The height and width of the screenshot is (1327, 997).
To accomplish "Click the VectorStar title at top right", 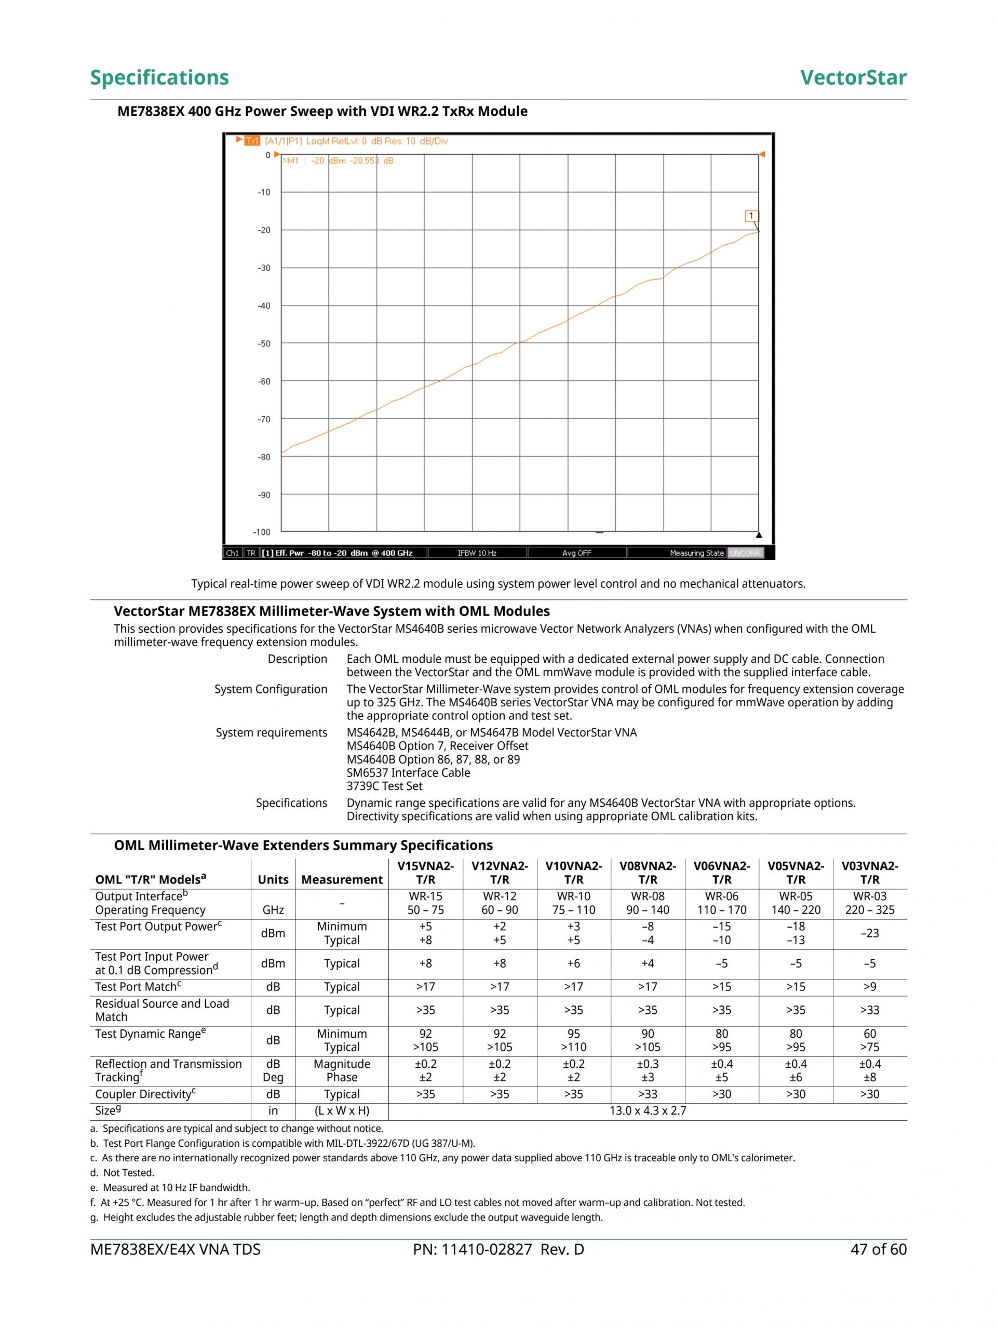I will point(853,77).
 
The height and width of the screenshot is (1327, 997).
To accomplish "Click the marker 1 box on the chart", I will point(751,216).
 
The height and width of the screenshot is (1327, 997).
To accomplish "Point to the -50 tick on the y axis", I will point(264,344).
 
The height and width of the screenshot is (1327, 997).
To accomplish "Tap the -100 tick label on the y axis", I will point(262,532).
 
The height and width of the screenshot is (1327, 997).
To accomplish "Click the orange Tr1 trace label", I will point(252,141).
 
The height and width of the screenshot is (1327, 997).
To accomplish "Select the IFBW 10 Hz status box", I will point(477,553).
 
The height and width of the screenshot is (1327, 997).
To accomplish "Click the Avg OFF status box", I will point(576,553).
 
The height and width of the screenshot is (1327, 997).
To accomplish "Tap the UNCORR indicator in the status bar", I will point(745,553).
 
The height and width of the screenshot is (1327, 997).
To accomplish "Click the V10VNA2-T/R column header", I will point(573,873).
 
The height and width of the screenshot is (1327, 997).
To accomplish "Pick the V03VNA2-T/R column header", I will point(869,873).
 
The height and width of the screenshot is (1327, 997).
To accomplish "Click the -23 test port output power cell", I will point(869,933).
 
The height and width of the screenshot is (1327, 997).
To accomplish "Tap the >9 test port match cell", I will point(869,987).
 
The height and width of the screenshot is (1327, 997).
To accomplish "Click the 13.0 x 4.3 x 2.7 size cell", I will point(647,1110).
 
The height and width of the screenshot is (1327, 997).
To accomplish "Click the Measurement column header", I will point(341,879).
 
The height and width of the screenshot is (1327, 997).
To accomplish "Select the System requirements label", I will point(271,732).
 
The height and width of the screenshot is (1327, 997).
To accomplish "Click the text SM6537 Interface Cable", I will point(408,773).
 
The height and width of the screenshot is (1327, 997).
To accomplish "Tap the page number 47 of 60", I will point(878,1250).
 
